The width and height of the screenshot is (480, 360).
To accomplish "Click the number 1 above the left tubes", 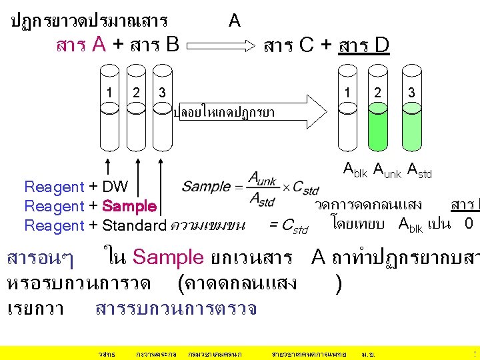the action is coord(109,92).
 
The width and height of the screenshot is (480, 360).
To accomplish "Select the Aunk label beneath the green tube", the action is coord(387,173).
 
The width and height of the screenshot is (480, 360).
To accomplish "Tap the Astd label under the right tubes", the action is coord(419,173).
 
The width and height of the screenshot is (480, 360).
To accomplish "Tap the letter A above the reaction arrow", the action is coord(234,21).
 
